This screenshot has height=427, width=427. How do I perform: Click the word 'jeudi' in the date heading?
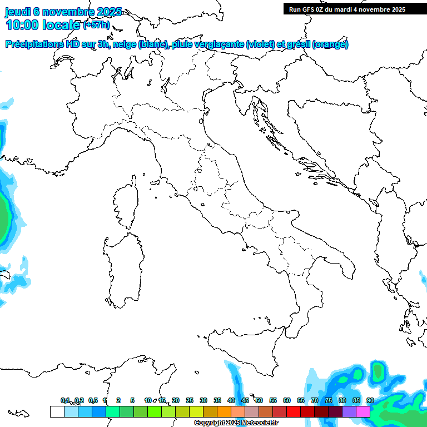click(18, 12)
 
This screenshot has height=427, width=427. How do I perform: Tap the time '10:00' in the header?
click(24, 25)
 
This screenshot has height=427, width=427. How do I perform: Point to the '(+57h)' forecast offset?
click(96, 25)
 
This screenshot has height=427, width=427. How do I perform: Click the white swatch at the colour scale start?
click(57, 411)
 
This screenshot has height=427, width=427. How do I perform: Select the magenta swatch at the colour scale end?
click(363, 411)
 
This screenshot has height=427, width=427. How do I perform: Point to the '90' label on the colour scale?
click(370, 401)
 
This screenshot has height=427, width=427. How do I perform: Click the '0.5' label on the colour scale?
click(93, 401)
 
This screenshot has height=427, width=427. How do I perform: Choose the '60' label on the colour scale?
click(287, 401)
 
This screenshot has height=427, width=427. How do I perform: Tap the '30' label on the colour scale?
click(203, 401)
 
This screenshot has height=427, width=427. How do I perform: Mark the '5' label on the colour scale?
click(132, 401)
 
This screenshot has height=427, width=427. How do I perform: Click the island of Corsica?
click(127, 203)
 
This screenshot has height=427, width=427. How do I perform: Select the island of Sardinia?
click(122, 267)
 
